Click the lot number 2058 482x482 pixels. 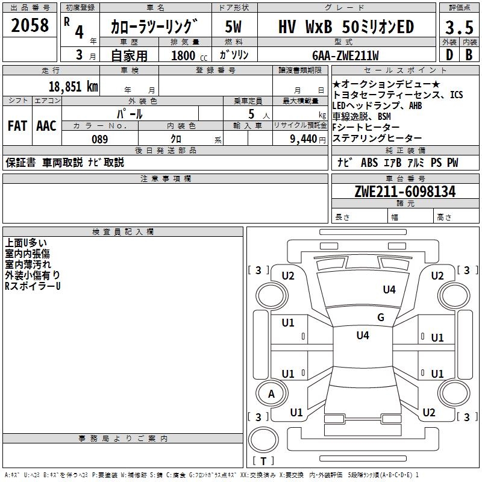[x=30, y=25]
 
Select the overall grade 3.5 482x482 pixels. [x=458, y=27]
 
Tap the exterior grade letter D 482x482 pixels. [x=448, y=54]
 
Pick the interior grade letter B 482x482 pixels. [x=468, y=54]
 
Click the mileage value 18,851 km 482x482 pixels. [x=73, y=86]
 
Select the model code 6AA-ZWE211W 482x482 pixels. [x=346, y=55]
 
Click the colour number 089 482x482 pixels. [x=100, y=139]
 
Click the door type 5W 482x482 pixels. [x=233, y=27]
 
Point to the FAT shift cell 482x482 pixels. [x=17, y=125]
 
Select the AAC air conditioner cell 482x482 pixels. [x=46, y=125]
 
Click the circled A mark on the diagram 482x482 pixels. [x=271, y=393]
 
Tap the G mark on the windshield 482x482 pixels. [x=381, y=318]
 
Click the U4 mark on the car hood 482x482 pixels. [x=389, y=290]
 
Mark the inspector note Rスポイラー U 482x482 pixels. [x=33, y=286]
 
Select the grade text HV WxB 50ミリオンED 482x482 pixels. [x=346, y=27]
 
